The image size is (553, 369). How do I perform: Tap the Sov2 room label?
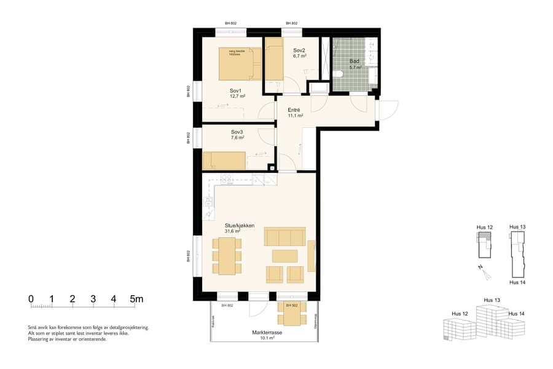point(299,50)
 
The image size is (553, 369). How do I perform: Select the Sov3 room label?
point(238,132)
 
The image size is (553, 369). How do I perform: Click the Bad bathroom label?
point(355,61)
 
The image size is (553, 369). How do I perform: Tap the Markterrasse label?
point(267,332)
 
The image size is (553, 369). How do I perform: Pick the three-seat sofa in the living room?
point(284,237)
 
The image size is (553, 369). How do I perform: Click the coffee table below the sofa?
point(284,256)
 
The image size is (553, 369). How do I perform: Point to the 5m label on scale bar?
point(136,300)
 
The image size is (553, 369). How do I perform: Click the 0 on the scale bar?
point(31,300)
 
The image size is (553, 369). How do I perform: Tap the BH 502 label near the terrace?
point(292,305)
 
